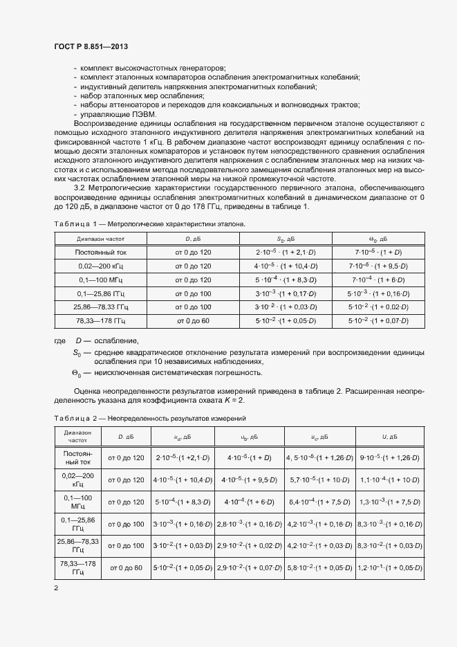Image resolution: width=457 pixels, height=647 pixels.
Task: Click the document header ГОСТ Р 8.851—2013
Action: click(91, 46)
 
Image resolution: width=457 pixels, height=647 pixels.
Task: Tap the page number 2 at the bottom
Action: click(56, 588)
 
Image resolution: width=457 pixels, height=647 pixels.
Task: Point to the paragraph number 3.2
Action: click(80, 188)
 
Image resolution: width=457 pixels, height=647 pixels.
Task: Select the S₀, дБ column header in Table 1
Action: click(286, 239)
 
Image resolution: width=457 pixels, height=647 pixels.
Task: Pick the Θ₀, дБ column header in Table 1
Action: click(379, 239)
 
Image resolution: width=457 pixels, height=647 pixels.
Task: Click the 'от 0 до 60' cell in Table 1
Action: click(193, 320)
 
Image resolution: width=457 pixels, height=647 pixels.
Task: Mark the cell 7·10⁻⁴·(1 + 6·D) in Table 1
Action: click(380, 280)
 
